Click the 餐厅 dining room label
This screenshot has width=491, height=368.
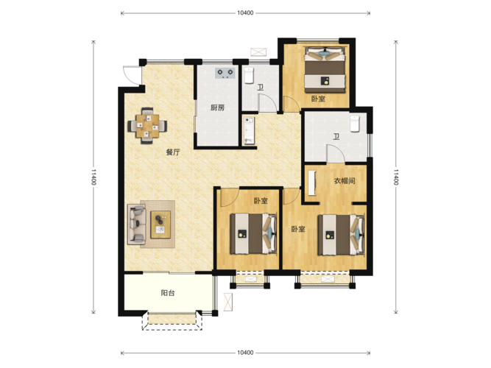point(173,152)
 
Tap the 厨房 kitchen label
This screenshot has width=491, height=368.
point(217,108)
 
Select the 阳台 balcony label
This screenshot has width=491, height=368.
point(168,293)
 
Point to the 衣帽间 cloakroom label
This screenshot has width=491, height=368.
point(345,181)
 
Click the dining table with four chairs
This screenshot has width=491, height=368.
point(147,126)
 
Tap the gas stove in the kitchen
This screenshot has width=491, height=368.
point(225,73)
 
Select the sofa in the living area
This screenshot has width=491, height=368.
point(136,224)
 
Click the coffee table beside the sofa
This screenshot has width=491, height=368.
point(160,224)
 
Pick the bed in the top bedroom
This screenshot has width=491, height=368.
point(325,69)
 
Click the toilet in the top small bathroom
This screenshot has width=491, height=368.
point(249,76)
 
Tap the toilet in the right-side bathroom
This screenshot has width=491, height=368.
point(355,124)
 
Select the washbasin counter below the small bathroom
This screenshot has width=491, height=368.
point(250,130)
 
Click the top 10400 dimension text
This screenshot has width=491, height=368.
point(245,13)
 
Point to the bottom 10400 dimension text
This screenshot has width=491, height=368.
point(245,353)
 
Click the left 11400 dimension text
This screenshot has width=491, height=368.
point(93,177)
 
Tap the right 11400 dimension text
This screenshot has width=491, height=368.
point(396,177)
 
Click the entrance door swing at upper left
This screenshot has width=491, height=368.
point(132,75)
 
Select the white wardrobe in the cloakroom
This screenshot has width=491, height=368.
point(312,183)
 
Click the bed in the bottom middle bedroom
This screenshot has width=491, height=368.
point(254,233)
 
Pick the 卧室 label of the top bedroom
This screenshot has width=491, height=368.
point(318,99)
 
